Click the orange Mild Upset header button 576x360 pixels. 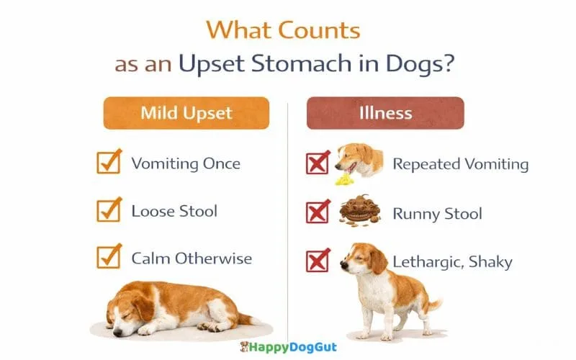tap(186, 114)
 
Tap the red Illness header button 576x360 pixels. tap(385, 114)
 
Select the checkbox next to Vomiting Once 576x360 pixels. tap(109, 163)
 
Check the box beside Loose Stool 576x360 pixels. tap(109, 211)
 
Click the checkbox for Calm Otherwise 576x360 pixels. tap(109, 258)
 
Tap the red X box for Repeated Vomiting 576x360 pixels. tap(318, 163)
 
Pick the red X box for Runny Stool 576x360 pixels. tap(318, 213)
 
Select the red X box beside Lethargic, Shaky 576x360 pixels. tap(318, 261)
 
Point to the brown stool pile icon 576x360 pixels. tap(359, 210)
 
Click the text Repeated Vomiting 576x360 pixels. tap(460, 164)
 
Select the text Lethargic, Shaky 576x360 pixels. tap(452, 261)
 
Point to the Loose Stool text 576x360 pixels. tap(174, 211)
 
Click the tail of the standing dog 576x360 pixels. tap(432, 305)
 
